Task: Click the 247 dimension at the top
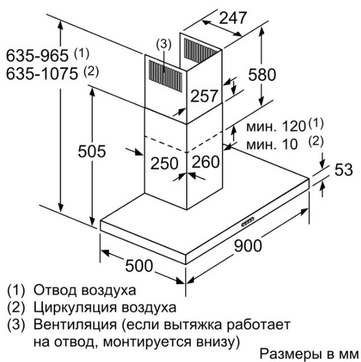click(x=233, y=18)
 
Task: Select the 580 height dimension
click(x=262, y=74)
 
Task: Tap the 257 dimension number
click(x=204, y=96)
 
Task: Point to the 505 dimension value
click(x=92, y=151)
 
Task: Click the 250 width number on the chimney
click(x=164, y=163)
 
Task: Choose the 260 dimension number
click(x=205, y=162)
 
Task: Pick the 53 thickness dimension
click(x=344, y=170)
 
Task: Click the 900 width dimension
click(x=248, y=246)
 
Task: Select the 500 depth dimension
click(x=139, y=266)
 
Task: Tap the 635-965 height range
click(x=37, y=56)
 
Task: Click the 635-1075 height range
click(x=42, y=74)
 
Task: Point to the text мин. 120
click(x=276, y=126)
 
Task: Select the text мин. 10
click(x=272, y=145)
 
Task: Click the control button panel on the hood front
click(x=248, y=221)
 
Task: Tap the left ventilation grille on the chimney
click(x=165, y=75)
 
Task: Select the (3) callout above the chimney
click(x=164, y=45)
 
